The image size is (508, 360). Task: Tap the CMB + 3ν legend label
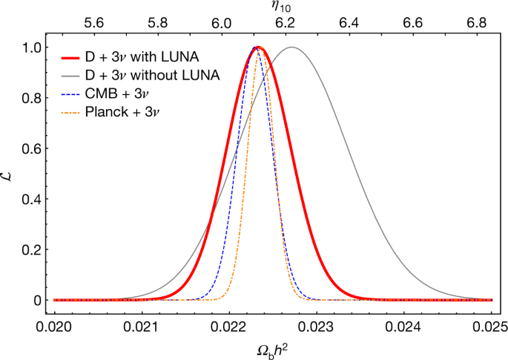[122, 94]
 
